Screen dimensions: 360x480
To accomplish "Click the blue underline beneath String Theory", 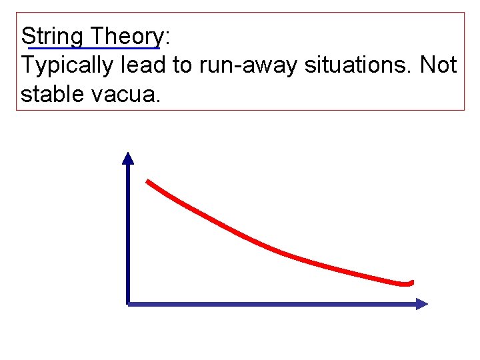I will coord(93,48).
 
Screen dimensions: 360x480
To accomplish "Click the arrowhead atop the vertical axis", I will coord(128,157).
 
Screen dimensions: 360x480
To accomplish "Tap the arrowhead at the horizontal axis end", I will coord(421,304).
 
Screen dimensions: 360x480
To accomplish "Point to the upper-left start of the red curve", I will coord(149,181).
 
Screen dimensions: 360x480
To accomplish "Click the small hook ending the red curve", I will coord(409,283).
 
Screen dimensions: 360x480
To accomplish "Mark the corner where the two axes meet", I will coord(128,304).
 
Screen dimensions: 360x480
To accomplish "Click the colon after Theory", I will coord(167,37).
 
